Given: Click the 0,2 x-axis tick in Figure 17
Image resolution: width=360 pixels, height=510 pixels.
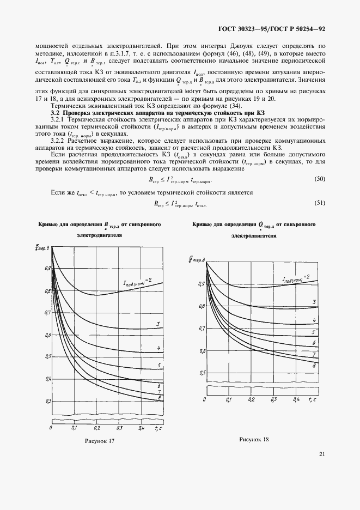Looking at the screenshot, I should (x=96, y=429).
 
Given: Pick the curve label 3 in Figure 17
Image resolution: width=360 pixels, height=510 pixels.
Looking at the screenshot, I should (x=158, y=325).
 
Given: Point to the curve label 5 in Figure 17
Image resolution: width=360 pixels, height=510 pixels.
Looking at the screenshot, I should (x=158, y=365).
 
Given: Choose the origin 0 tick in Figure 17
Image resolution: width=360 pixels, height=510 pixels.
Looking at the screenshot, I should (x=50, y=429).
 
